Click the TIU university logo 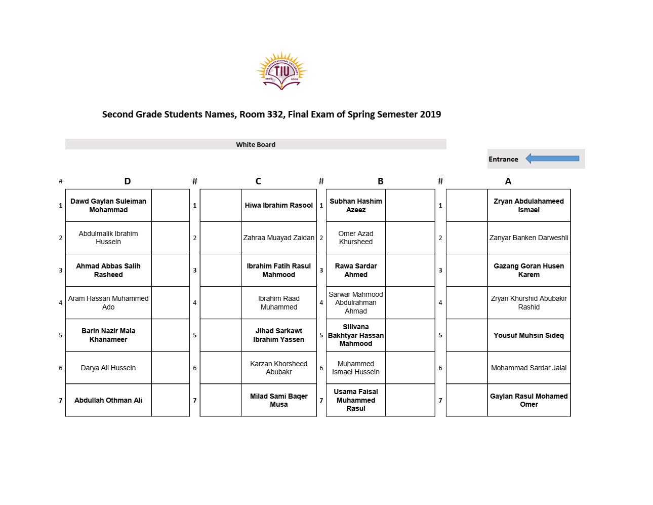[x=281, y=71]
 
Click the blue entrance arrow [x=552, y=159]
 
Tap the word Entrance [x=503, y=159]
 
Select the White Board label [x=256, y=144]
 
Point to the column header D [x=128, y=181]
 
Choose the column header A [x=508, y=181]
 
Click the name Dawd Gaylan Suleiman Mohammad [x=108, y=206]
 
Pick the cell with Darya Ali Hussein [x=108, y=368]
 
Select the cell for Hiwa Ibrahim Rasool [x=278, y=206]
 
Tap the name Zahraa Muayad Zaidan [x=278, y=238]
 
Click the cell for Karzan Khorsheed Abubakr [x=278, y=368]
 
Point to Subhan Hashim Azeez [x=356, y=206]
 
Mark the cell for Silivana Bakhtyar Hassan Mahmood [x=356, y=335]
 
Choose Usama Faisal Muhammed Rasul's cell [x=356, y=400]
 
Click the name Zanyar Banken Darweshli [x=528, y=238]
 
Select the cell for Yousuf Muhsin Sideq [x=528, y=335]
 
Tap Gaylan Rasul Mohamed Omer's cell [x=528, y=400]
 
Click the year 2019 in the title [x=430, y=114]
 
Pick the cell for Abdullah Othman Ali [x=108, y=400]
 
